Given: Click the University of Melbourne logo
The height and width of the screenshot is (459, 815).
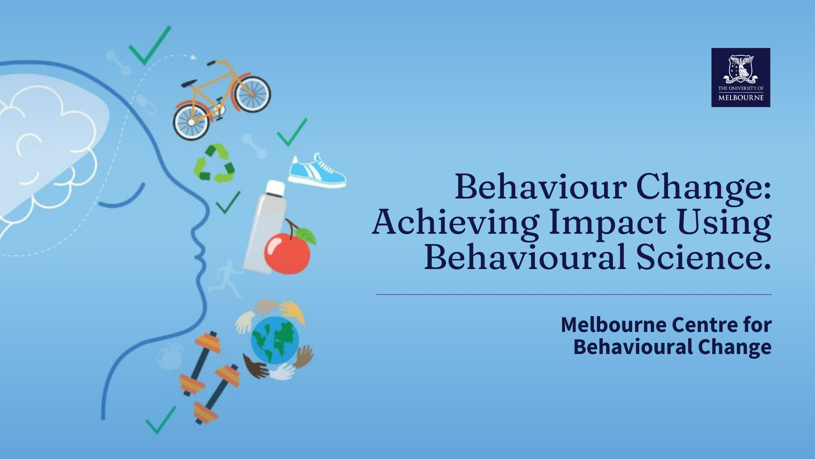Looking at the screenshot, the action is click(741, 77).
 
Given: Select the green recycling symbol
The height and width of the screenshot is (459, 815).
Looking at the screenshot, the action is click(214, 163).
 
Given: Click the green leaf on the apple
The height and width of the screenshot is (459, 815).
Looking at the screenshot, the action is click(306, 235).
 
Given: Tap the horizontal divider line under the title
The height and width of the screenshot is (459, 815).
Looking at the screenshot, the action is click(573, 294).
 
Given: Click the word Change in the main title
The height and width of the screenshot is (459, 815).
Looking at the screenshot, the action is click(703, 187).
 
